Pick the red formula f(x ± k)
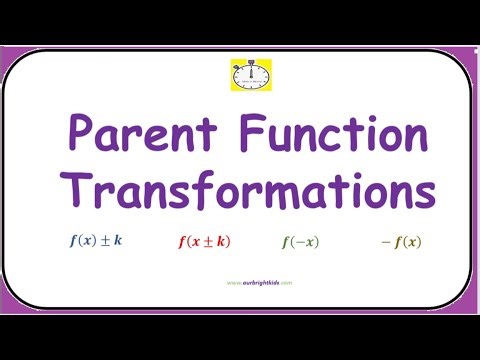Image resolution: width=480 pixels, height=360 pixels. pyautogui.click(x=204, y=242)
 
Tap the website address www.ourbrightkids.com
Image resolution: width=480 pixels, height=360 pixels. pyautogui.click(x=240, y=282)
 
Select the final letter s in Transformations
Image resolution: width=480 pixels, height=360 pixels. pyautogui.click(x=424, y=194)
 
